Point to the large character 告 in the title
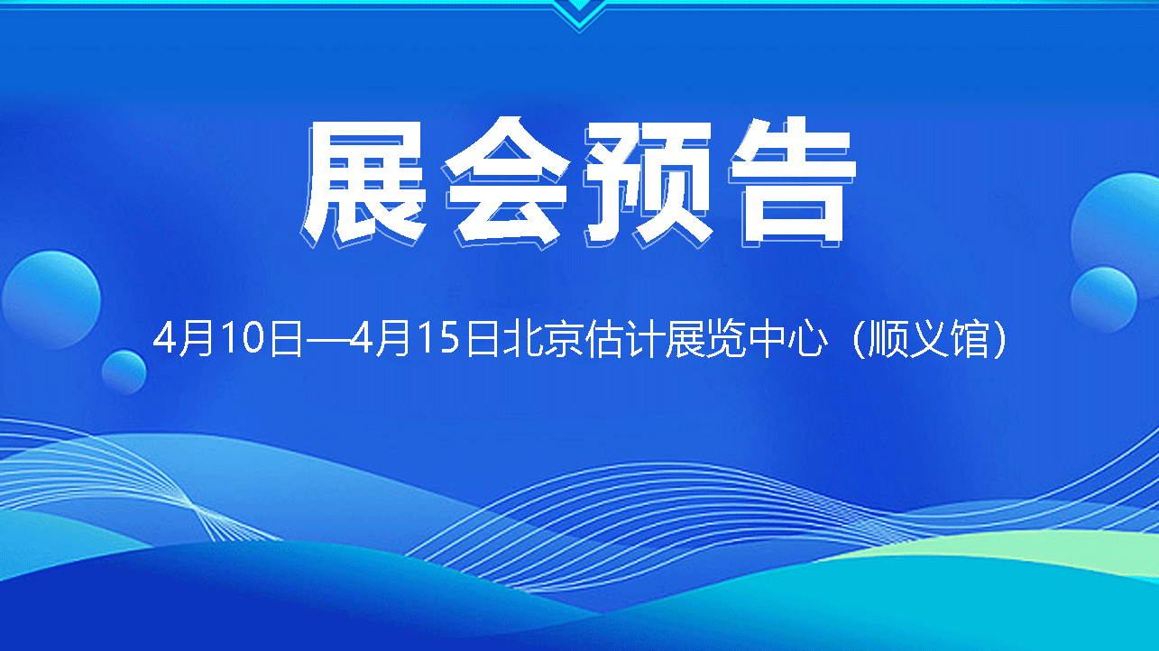[792, 182]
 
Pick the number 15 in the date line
[441, 338]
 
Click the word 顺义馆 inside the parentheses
[929, 339]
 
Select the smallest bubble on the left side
[124, 372]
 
